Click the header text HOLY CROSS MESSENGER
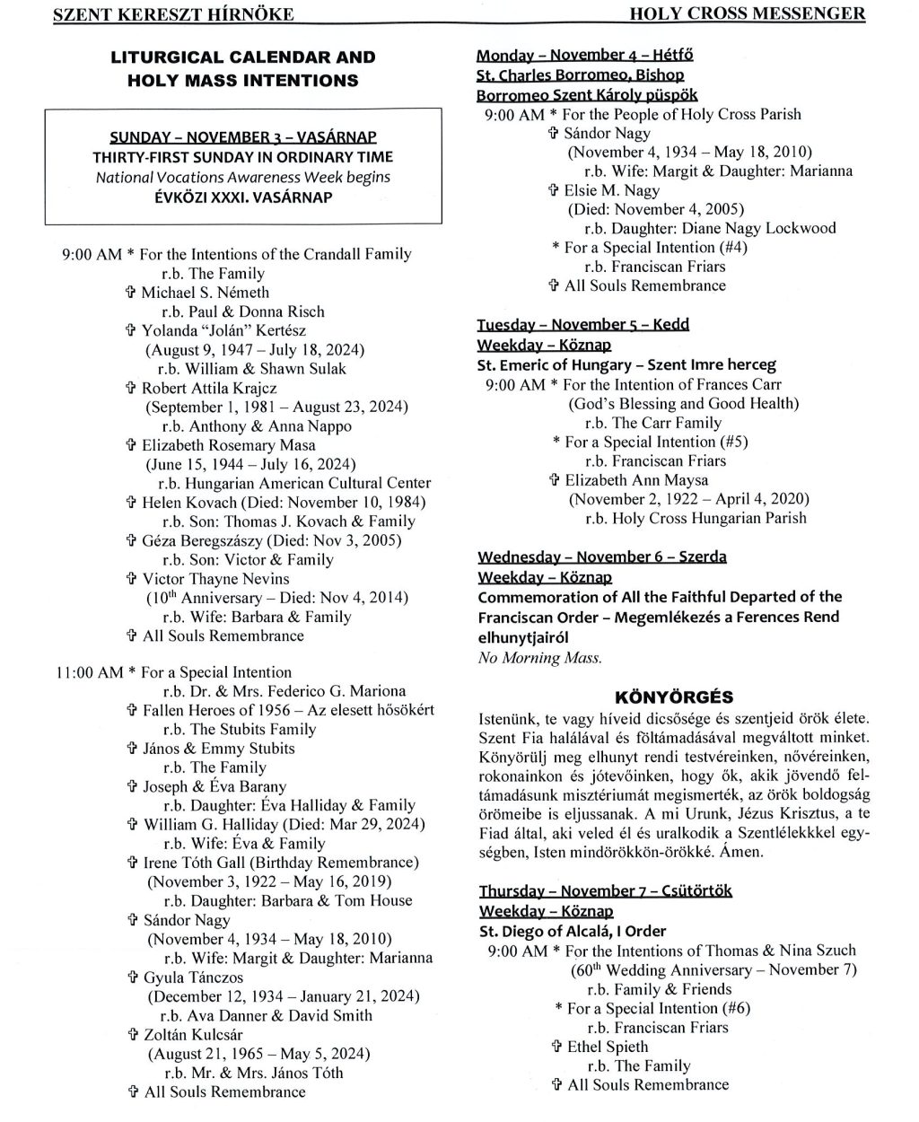[x=747, y=13]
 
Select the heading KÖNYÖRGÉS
[x=687, y=697]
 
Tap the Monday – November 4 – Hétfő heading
[x=584, y=55]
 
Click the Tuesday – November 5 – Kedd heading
[x=583, y=324]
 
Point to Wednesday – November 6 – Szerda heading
[x=601, y=557]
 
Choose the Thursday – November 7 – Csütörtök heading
[x=606, y=891]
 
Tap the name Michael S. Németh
[x=206, y=293]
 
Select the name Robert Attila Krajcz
[x=209, y=389]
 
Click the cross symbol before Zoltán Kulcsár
[x=133, y=1035]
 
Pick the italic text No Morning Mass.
[x=540, y=658]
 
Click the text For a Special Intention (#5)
[x=656, y=442]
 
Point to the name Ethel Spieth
[x=607, y=1047]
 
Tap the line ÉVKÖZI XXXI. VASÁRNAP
[x=242, y=197]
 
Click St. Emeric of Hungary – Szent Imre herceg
[x=626, y=365]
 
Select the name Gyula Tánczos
[x=193, y=977]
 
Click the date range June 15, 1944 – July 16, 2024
[x=250, y=464]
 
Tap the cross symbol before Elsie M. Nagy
[x=554, y=190]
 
